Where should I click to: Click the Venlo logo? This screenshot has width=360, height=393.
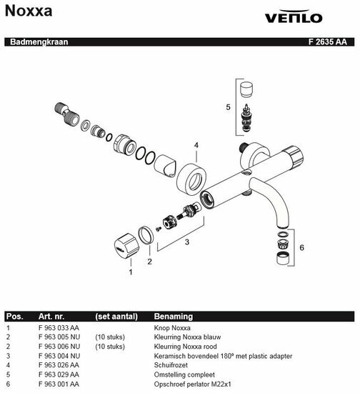coord(294,16)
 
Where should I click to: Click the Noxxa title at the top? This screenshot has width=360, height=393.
coord(29,11)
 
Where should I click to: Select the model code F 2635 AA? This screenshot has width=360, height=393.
coord(327,41)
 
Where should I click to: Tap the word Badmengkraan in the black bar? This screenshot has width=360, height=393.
coord(39,41)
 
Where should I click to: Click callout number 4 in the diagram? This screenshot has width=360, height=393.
coord(196,145)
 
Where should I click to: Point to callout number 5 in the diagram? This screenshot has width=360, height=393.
coord(228,107)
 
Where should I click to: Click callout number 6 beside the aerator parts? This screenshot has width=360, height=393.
coord(301,248)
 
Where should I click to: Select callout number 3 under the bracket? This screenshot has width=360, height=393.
coord(187,242)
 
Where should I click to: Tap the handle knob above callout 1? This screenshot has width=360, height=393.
coord(126,246)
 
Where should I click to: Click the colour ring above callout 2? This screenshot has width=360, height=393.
coord(146,235)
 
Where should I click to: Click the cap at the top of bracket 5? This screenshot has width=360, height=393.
coord(246,89)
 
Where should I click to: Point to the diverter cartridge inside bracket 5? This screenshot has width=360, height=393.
coord(246,118)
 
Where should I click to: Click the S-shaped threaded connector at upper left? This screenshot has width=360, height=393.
coord(66,114)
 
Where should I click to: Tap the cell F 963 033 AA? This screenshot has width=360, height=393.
coord(59,328)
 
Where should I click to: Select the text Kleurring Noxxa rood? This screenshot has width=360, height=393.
coord(186,347)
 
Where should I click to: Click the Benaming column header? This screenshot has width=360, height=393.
coord(174,317)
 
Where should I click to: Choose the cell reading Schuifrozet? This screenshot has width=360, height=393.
coord(171,365)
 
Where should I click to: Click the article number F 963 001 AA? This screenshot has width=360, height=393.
coord(59,384)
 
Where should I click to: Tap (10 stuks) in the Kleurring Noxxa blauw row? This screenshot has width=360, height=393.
coord(110,337)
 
